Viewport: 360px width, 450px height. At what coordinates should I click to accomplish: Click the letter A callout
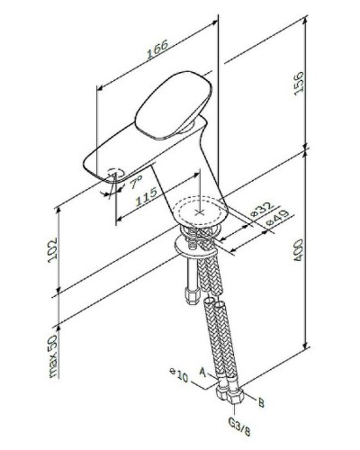pos(202,370)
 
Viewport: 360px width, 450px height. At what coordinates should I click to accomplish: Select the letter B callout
pos(261,401)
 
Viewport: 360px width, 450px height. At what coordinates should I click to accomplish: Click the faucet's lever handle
pos(170,100)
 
